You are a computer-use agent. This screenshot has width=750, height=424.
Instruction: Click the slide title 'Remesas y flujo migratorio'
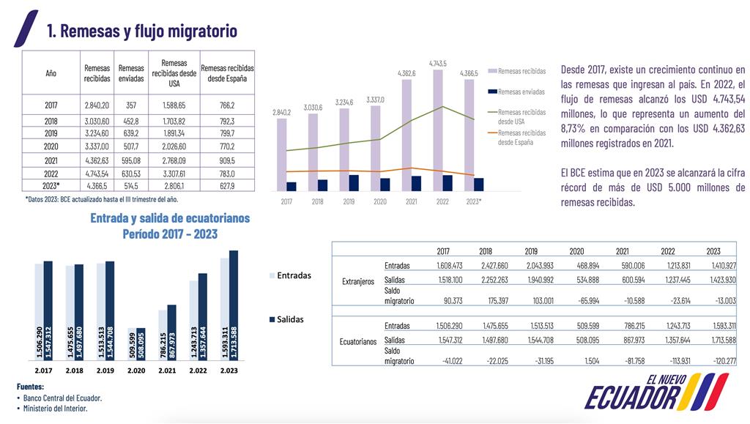[x=141, y=31]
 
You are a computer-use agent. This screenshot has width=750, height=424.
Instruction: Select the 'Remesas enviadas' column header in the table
[x=131, y=72]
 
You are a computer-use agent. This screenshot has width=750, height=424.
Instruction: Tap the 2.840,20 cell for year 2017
[x=97, y=105]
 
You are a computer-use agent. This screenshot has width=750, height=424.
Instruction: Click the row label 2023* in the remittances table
[x=51, y=185]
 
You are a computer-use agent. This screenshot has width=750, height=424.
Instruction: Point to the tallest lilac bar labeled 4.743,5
[x=438, y=128]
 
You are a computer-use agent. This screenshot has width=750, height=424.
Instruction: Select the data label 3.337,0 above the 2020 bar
[x=376, y=100]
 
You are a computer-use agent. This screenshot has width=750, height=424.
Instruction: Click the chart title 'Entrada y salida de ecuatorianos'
[x=169, y=218]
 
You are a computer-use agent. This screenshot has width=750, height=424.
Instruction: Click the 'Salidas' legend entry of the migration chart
[x=290, y=319]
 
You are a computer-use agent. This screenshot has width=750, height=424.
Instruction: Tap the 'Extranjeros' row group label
[x=358, y=281]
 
